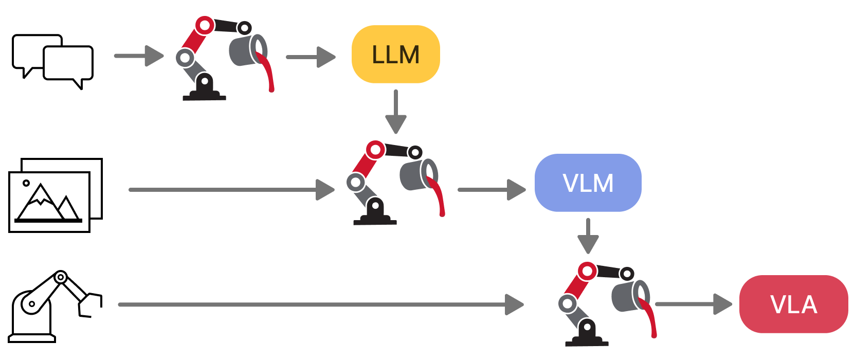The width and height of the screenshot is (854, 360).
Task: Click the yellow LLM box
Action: [395, 55]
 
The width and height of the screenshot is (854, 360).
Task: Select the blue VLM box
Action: [588, 183]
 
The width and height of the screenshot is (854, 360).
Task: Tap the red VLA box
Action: [793, 304]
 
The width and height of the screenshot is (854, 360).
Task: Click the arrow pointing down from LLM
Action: [395, 112]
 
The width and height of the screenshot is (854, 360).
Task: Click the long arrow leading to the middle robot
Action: [231, 190]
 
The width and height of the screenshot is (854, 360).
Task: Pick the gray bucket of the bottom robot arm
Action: [626, 296]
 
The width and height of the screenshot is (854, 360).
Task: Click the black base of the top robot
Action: [204, 93]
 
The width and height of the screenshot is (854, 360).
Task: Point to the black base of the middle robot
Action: [375, 217]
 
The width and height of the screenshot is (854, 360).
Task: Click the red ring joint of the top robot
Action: [205, 25]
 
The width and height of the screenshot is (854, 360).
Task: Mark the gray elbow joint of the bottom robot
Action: [568, 304]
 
